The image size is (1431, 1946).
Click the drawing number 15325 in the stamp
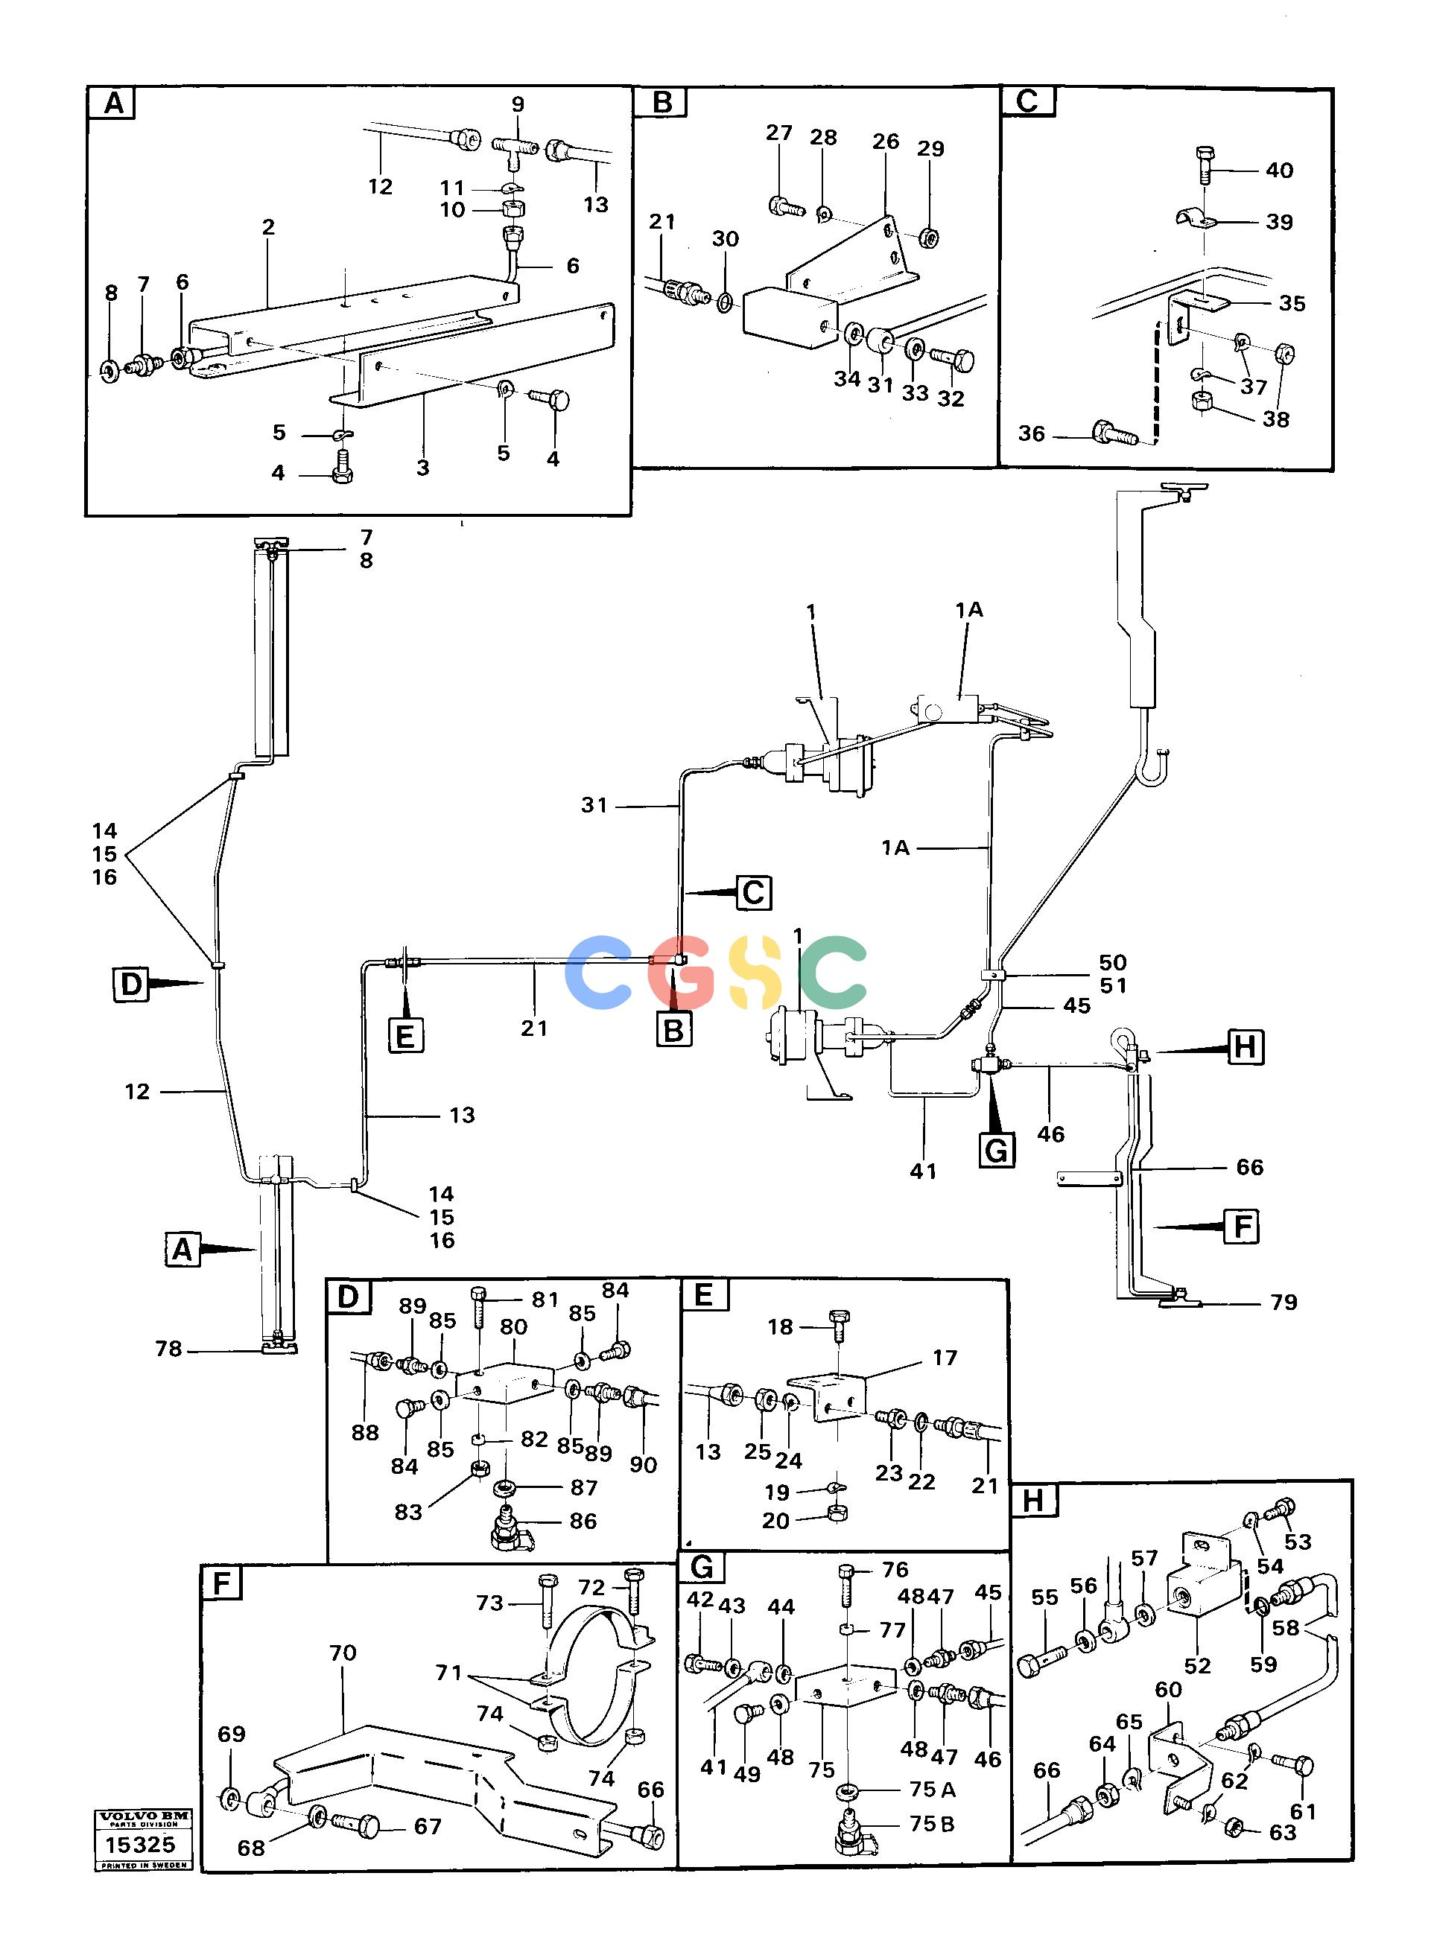(x=139, y=1844)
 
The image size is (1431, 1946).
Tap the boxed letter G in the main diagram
(x=997, y=1150)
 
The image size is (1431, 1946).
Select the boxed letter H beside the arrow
(x=1244, y=1047)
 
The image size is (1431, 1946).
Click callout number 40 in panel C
(x=1280, y=170)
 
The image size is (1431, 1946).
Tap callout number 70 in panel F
(x=342, y=1653)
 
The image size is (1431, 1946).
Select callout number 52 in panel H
(x=1197, y=1665)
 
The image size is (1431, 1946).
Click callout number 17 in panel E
(x=944, y=1357)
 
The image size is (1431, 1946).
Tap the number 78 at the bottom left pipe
(x=168, y=1349)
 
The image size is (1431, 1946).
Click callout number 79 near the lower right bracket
(x=1284, y=1302)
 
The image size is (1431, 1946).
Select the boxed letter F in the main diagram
(x=1241, y=1227)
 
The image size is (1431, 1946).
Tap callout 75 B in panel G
(x=932, y=1824)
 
